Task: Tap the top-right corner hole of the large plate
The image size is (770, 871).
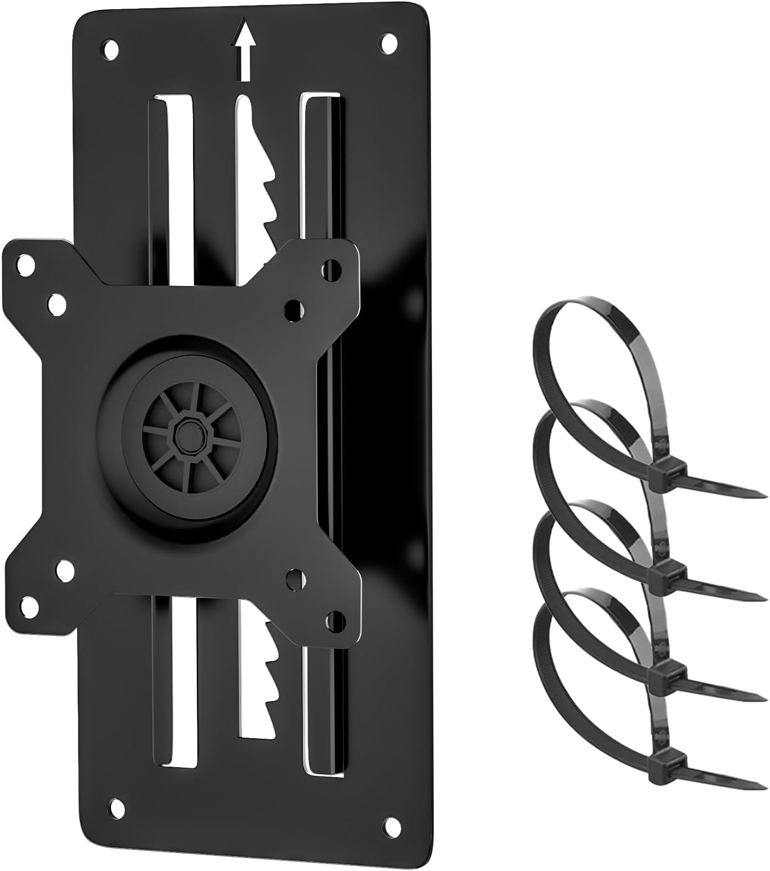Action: pos(389,43)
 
